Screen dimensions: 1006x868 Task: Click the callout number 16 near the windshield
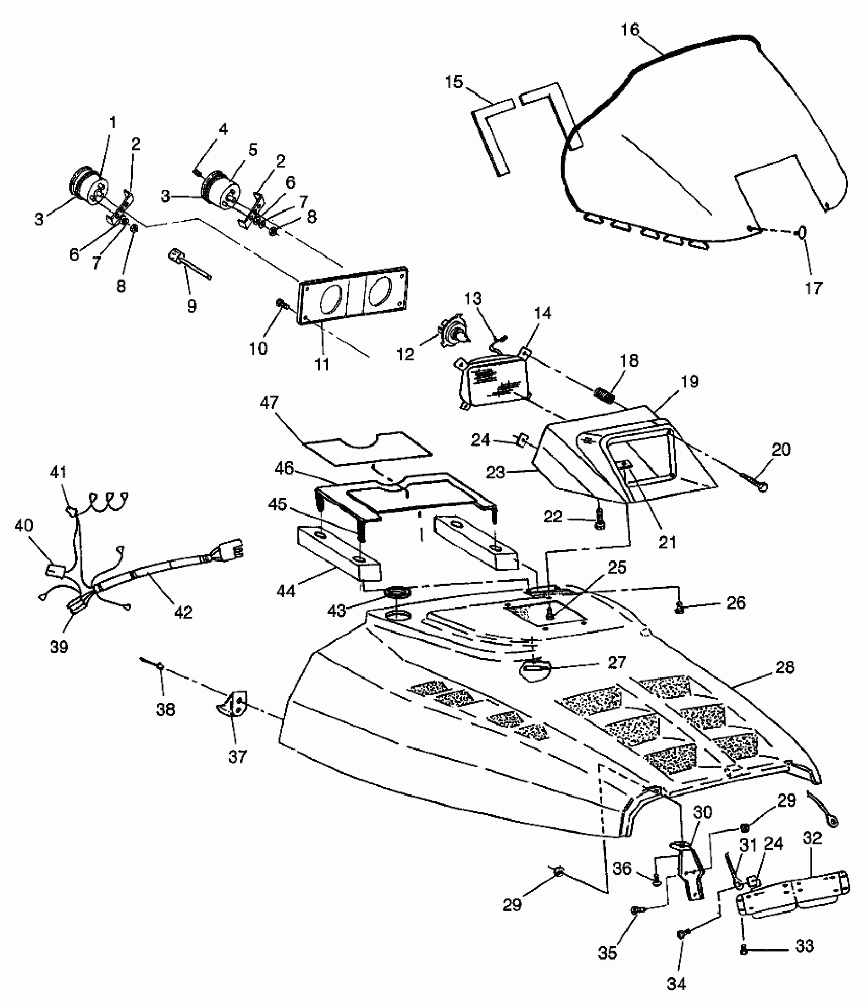[630, 30]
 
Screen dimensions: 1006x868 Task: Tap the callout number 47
[269, 403]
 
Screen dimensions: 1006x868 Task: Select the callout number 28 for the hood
[784, 667]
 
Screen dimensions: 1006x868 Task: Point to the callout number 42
[183, 612]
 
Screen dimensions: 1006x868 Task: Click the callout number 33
[805, 946]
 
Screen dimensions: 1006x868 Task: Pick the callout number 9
[191, 306]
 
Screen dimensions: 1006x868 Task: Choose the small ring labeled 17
[802, 232]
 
